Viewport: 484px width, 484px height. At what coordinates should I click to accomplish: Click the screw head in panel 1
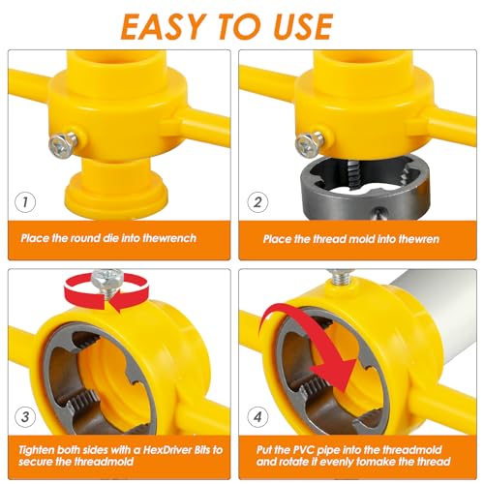tap(61, 145)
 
